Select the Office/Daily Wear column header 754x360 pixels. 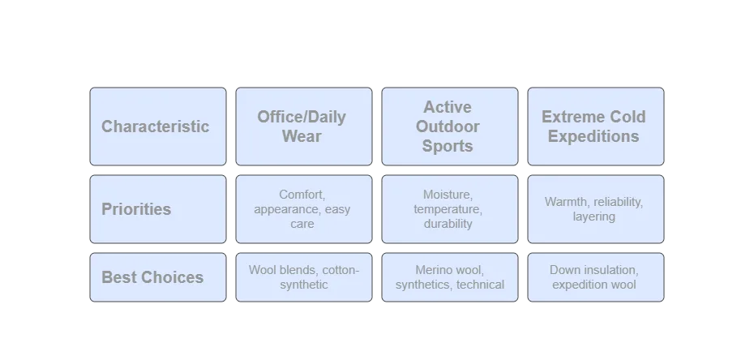(302, 126)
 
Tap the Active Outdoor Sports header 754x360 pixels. (448, 126)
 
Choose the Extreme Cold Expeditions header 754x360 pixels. (594, 126)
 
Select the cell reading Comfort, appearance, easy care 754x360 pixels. (302, 209)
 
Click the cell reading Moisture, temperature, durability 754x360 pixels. (448, 209)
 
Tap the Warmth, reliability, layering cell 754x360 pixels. (594, 209)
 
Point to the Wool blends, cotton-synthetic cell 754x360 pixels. (302, 277)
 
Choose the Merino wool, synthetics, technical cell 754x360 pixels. (448, 277)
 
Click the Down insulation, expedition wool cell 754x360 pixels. (594, 277)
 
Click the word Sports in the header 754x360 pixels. (448, 147)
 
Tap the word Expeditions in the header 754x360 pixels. (593, 136)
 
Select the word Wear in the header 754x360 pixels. (302, 136)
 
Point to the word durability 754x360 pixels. (448, 224)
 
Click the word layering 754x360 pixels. (593, 216)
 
